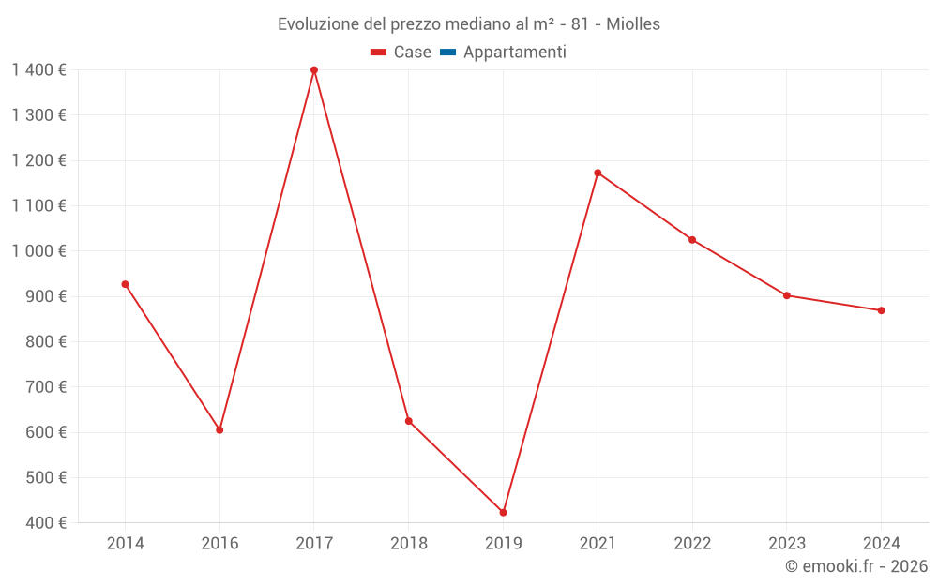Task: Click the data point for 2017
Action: [x=314, y=70]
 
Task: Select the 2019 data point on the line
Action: [x=503, y=513]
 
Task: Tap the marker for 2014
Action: [x=125, y=284]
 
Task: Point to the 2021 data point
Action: [x=598, y=173]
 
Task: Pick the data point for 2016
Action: [x=219, y=430]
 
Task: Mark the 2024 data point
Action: [x=882, y=310]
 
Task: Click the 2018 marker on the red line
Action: [x=409, y=421]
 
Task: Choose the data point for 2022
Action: [x=692, y=240]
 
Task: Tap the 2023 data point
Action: [x=787, y=295]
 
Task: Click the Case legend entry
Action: [x=401, y=53]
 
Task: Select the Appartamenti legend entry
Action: [x=504, y=53]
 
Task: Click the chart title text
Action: [x=469, y=23]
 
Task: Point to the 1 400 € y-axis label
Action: [x=39, y=69]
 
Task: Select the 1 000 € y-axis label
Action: [x=39, y=251]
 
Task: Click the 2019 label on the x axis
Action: [x=503, y=544]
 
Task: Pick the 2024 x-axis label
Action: [x=882, y=544]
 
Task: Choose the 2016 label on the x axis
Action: [x=219, y=544]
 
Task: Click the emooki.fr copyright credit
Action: [x=856, y=566]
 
